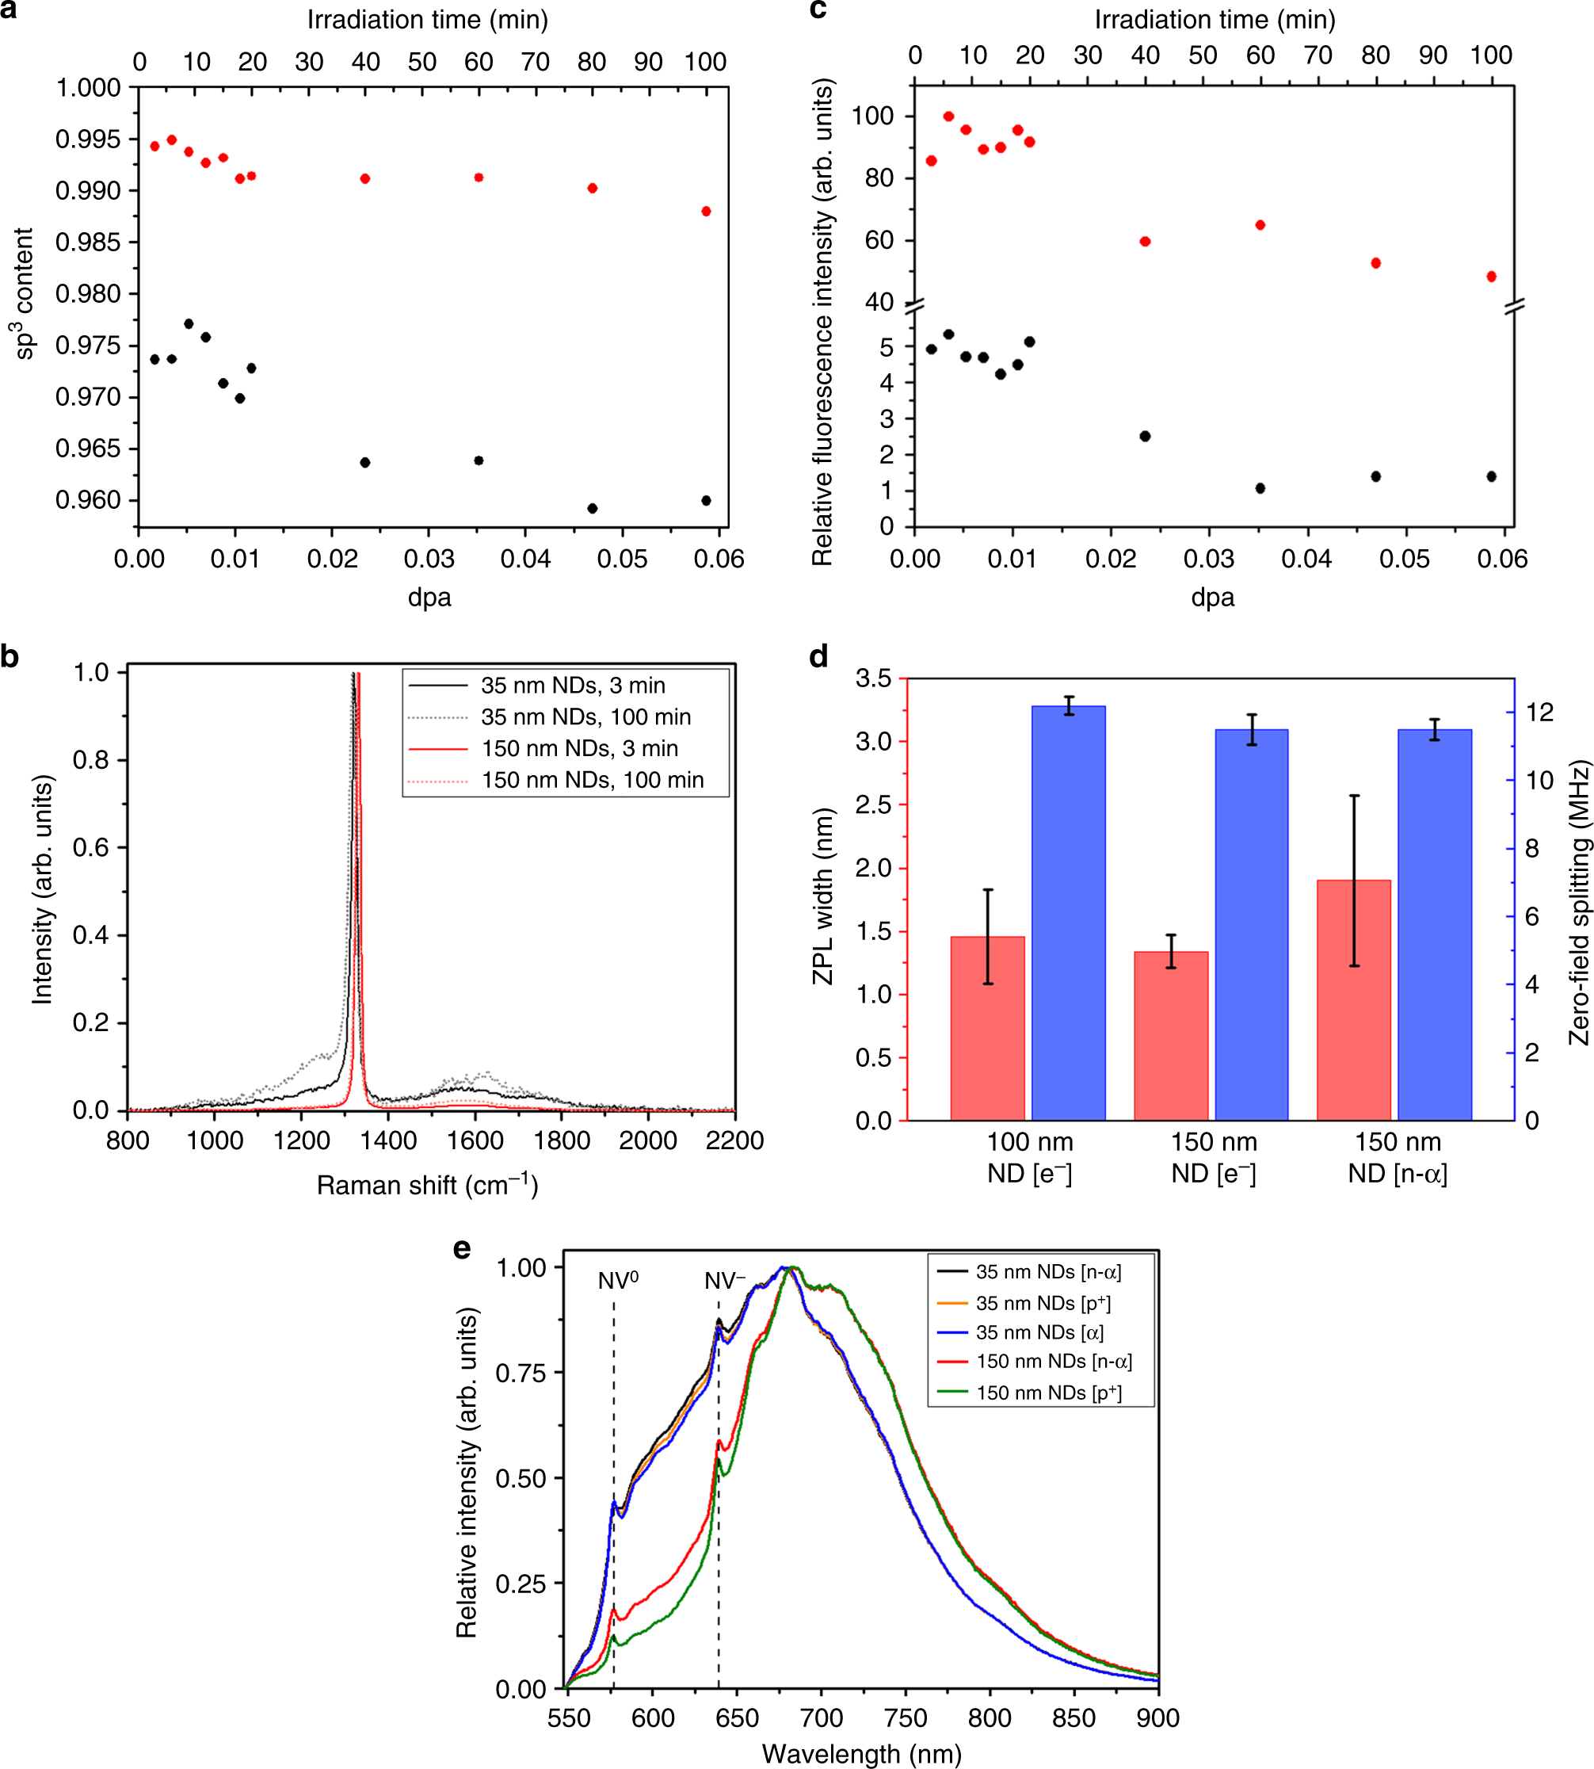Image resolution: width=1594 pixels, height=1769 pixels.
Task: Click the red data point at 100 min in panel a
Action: coord(706,211)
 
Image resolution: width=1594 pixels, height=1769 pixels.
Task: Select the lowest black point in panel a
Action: coord(592,508)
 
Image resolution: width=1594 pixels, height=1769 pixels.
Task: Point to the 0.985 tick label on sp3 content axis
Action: coord(88,242)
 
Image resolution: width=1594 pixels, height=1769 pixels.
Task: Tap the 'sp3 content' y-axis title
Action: coord(24,294)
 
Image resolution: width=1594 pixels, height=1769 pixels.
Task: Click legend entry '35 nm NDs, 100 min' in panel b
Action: coord(585,716)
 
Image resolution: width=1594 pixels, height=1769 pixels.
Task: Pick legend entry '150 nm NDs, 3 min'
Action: coord(579,748)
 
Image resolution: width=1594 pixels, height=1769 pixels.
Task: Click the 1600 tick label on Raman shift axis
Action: coord(475,1140)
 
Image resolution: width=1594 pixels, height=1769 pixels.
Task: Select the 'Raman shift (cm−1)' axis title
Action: coord(427,1185)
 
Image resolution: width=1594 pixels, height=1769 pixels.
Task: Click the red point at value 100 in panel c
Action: coord(948,117)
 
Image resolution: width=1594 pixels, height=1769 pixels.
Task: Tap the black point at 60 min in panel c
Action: coord(1260,488)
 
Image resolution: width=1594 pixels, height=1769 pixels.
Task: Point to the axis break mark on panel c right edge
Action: coord(1514,306)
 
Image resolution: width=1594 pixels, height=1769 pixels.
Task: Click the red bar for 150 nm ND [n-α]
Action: coord(1353,999)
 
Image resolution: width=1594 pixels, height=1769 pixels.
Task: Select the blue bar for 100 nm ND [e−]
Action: coord(1069,912)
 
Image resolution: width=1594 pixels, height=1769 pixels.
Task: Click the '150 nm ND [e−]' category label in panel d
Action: coord(1214,1157)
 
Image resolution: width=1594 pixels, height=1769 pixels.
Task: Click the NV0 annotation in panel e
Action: coord(618,1281)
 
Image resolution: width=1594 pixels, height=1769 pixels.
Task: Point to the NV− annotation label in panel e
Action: coord(724,1281)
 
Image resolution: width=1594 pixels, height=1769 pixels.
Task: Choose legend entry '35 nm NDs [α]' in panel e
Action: coord(1039,1332)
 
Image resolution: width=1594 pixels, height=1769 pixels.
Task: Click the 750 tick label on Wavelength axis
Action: coord(905,1717)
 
